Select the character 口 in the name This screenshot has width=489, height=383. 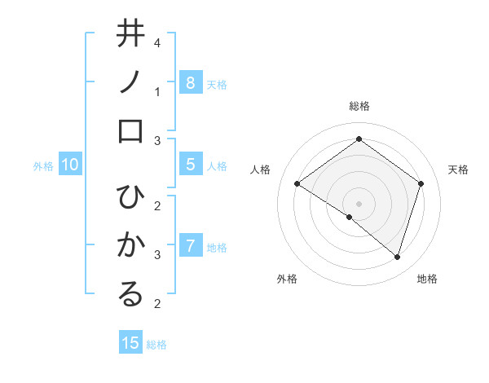click(130, 133)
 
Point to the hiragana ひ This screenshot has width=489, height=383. click(130, 199)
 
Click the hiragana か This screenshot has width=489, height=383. click(130, 245)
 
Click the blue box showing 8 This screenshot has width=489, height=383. click(190, 82)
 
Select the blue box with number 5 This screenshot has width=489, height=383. click(190, 165)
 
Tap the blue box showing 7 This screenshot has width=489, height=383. click(190, 245)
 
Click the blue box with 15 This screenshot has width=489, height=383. click(130, 343)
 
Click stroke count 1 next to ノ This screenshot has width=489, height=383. click(157, 91)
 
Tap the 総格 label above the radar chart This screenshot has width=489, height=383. click(359, 106)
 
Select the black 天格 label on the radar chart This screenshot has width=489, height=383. click(458, 169)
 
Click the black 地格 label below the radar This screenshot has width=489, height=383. click(427, 279)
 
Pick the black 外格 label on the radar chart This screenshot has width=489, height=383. click(287, 279)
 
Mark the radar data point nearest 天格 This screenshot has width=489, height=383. click(421, 184)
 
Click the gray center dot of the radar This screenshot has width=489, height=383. click(359, 203)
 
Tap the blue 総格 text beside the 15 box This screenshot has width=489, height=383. click(156, 345)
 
